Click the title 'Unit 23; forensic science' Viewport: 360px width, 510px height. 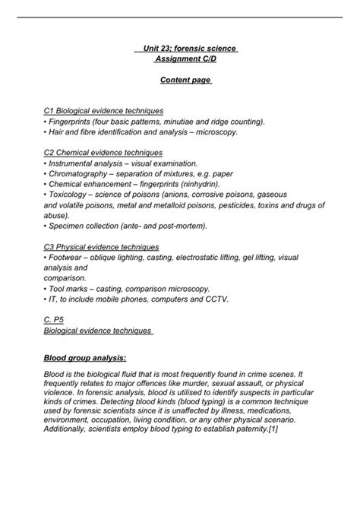[186, 49]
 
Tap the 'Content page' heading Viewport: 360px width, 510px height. [185, 79]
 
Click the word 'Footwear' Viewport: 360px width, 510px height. [67, 258]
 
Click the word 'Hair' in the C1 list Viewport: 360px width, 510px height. [57, 131]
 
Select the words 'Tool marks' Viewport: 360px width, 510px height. [71, 289]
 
